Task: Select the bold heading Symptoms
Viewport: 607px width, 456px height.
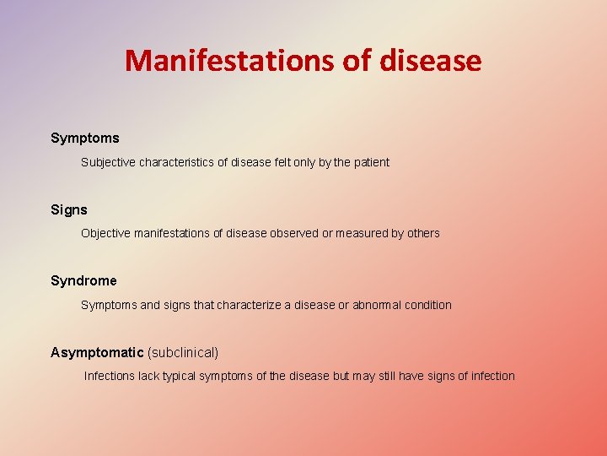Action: pos(85,138)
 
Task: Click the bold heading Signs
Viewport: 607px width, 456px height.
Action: pos(69,209)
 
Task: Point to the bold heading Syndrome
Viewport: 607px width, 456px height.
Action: pos(83,280)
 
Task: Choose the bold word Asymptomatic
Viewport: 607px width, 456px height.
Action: pos(97,352)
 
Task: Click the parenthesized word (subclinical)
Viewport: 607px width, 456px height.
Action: pos(183,352)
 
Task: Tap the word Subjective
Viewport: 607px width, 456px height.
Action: pos(107,162)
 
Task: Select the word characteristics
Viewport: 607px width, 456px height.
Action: pos(175,162)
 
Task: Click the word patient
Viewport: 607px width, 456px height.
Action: pos(370,162)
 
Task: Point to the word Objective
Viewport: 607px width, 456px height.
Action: pos(105,233)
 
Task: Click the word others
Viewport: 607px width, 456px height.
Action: pos(423,233)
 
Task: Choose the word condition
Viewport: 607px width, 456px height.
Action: pos(429,305)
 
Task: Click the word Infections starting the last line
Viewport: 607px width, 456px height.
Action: pos(110,376)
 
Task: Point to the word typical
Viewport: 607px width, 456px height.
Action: pos(176,376)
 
